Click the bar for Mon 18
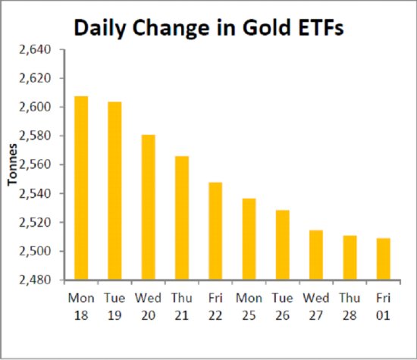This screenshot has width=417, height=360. [81, 188]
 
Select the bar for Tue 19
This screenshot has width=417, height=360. [114, 191]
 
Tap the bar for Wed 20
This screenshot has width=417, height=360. [148, 207]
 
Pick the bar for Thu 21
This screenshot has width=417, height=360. [182, 218]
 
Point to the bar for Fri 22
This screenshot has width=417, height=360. [215, 231]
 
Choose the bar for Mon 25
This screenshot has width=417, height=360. [249, 239]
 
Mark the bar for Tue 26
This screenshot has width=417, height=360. [283, 245]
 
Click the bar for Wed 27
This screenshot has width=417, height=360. [316, 255]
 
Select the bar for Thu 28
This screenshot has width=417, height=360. [350, 258]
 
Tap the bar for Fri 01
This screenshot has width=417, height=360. [383, 258]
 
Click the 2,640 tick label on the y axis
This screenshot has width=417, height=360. [35, 50]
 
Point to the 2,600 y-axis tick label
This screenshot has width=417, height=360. [35, 107]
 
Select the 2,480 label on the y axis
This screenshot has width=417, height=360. [35, 280]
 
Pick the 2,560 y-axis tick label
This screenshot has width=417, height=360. [35, 165]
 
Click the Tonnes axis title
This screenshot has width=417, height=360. [12, 164]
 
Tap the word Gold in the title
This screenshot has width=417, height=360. [266, 27]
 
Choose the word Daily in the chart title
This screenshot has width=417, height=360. [100, 29]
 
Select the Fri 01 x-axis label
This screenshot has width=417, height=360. [383, 306]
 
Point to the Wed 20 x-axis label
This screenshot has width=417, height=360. [148, 306]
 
